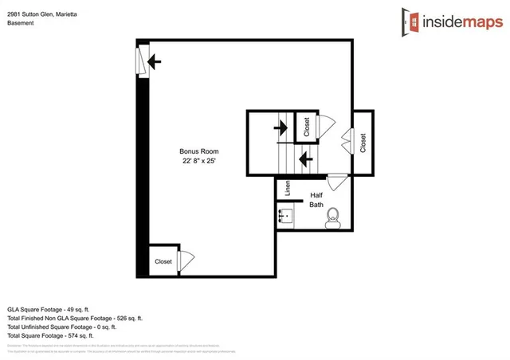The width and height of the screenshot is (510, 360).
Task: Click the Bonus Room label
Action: click(x=198, y=151)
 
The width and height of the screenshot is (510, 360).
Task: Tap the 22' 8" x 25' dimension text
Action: click(x=198, y=161)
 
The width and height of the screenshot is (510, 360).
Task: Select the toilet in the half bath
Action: click(x=333, y=215)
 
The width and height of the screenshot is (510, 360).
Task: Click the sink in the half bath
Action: click(x=286, y=215)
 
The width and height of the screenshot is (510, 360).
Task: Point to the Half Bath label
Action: click(x=316, y=199)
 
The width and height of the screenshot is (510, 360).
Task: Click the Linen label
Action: click(x=288, y=189)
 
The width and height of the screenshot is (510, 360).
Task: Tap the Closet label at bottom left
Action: click(x=163, y=261)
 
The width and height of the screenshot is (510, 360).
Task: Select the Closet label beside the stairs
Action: click(x=306, y=126)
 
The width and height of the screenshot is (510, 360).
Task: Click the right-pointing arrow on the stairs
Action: click(x=280, y=126)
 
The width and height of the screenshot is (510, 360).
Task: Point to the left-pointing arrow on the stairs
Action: click(x=304, y=158)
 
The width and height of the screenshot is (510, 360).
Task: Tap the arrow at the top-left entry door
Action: click(x=155, y=60)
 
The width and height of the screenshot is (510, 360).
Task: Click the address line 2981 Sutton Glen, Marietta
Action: click(x=47, y=14)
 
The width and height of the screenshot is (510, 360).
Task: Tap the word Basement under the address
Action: click(x=21, y=23)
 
